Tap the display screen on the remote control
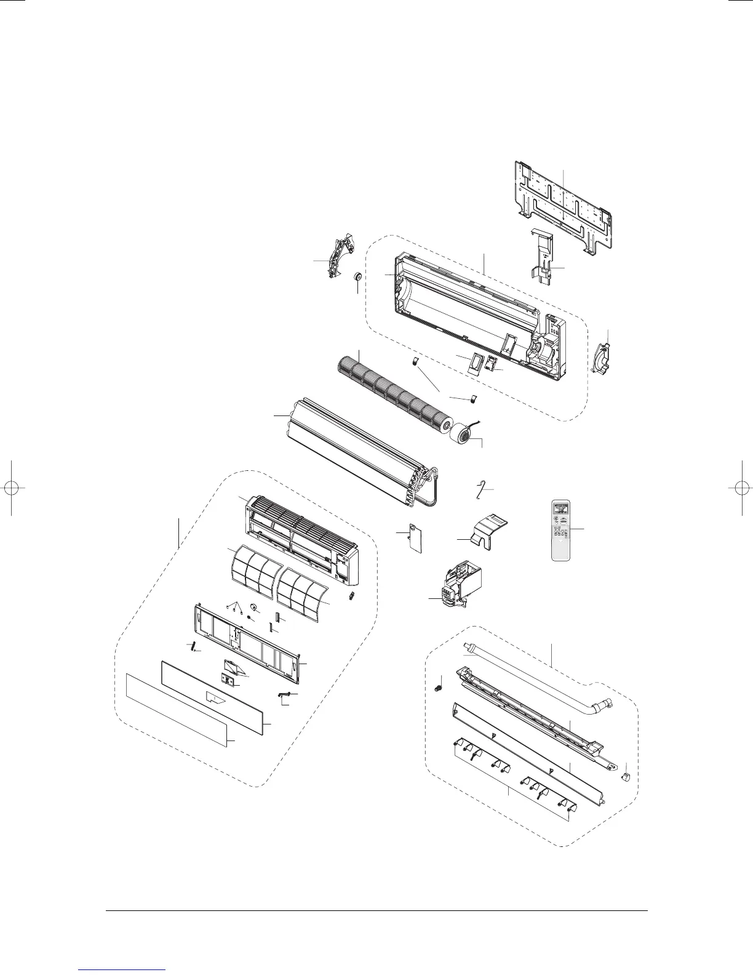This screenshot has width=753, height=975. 560,509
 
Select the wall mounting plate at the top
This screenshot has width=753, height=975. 563,206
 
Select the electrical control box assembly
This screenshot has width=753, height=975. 459,585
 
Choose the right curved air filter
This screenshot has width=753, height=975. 302,588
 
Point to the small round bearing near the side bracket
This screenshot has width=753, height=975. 356,279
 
